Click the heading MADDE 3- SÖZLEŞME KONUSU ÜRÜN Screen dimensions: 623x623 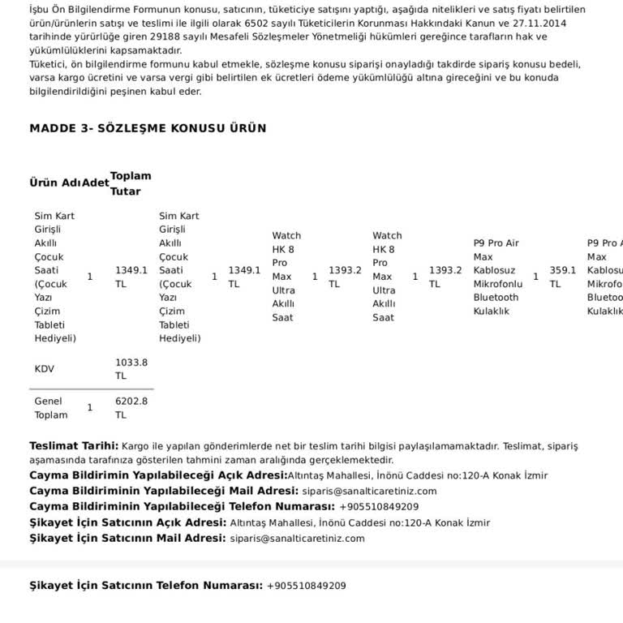[x=148, y=128]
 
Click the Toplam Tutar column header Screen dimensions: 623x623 [x=130, y=183]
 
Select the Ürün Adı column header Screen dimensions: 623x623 [x=55, y=183]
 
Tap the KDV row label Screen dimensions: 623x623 [x=44, y=368]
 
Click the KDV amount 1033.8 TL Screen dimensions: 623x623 [x=131, y=369]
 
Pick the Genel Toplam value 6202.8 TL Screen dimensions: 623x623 [x=131, y=408]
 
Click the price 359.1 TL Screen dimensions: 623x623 [x=562, y=277]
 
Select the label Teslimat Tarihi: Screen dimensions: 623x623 [x=74, y=445]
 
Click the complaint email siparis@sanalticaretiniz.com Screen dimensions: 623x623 [x=297, y=538]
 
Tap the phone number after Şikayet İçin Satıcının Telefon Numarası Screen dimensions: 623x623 [x=306, y=585]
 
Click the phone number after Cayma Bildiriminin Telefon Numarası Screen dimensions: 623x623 [x=379, y=506]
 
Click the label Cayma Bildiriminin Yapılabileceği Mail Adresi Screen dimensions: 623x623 [x=164, y=491]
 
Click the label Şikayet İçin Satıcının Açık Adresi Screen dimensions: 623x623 [x=127, y=522]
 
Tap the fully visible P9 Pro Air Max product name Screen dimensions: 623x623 [x=497, y=277]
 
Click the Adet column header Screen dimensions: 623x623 [x=95, y=183]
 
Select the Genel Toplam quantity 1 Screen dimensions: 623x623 [x=89, y=407]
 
